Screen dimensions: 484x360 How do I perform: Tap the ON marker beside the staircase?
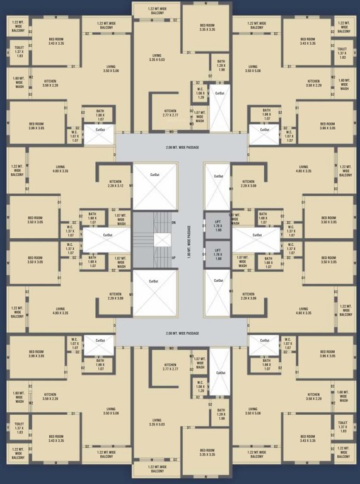(173, 222)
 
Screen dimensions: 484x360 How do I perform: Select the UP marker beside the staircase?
(173, 258)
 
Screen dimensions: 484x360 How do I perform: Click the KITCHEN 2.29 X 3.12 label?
(115, 183)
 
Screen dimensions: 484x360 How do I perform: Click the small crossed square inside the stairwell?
(162, 240)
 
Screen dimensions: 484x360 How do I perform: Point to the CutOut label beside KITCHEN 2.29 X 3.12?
(154, 175)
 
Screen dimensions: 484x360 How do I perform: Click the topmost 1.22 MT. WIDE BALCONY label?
(158, 9)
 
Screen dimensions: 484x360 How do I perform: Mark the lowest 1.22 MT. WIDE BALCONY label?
(158, 469)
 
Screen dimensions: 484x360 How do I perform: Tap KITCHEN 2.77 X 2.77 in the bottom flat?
(170, 366)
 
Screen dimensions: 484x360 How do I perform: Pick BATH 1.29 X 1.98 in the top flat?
(221, 67)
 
